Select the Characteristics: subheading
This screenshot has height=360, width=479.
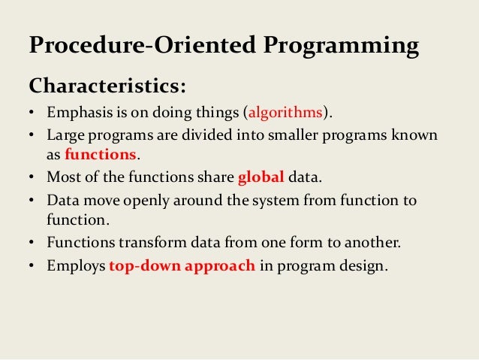click(106, 85)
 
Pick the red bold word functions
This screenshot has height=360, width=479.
click(101, 156)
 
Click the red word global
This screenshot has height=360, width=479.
click(261, 178)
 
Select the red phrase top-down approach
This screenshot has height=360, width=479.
click(182, 265)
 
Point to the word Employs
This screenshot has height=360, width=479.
click(76, 265)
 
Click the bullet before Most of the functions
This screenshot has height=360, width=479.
click(34, 179)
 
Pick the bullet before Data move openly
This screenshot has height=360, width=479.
click(34, 201)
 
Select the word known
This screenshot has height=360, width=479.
click(418, 135)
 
